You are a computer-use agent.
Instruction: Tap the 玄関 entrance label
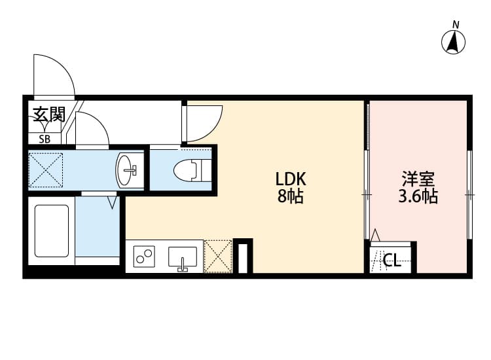click(48, 115)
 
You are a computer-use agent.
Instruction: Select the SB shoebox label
click(45, 139)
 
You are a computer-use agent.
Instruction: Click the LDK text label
click(291, 179)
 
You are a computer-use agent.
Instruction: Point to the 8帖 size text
click(291, 196)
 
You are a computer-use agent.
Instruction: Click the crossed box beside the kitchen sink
click(217, 256)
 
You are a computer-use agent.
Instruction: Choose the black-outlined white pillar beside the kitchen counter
click(243, 256)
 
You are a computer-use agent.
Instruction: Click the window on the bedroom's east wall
click(469, 195)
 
